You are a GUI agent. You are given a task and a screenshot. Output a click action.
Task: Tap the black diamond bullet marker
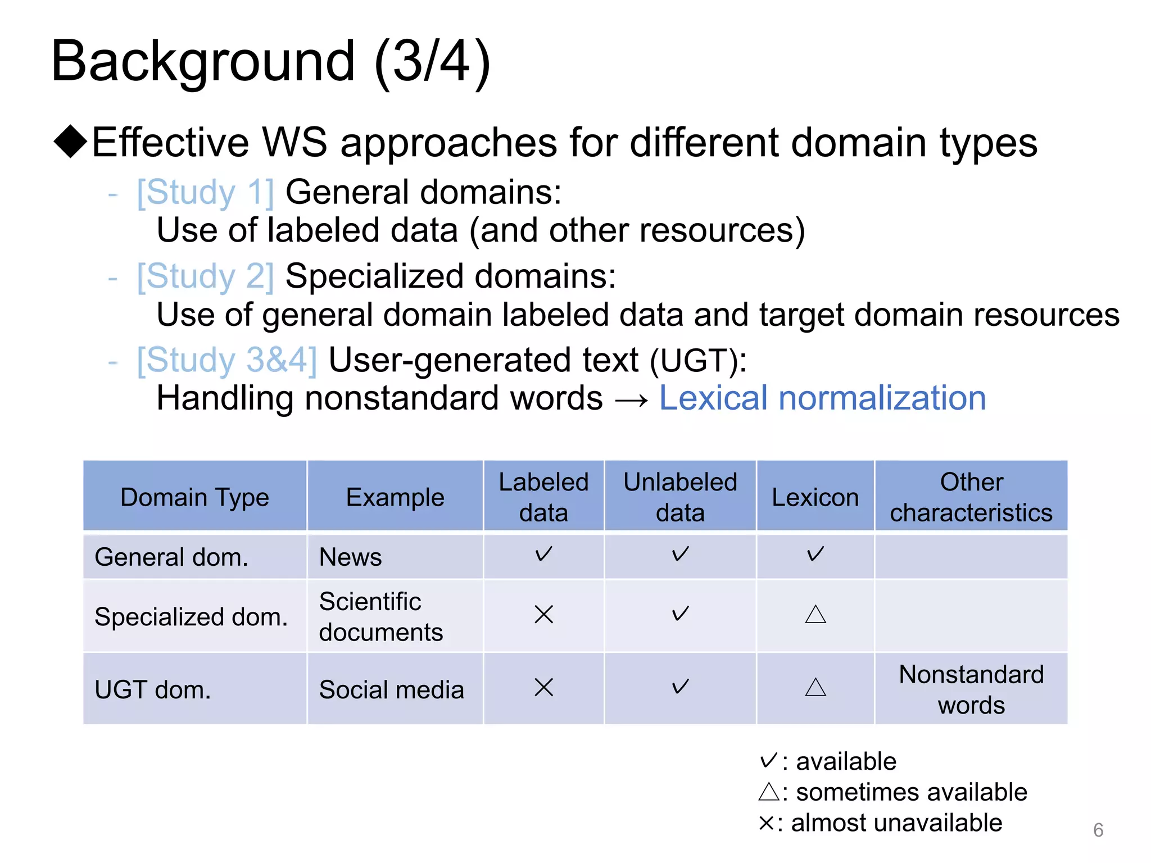click(70, 141)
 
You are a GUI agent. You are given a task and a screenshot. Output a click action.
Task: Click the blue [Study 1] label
click(206, 193)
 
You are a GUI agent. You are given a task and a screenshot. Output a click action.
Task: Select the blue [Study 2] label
click(206, 276)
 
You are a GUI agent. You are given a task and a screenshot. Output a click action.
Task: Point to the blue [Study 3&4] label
click(227, 360)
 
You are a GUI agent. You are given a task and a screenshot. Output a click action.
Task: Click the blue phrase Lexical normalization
click(822, 398)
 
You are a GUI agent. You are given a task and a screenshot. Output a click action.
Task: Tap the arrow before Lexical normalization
click(631, 400)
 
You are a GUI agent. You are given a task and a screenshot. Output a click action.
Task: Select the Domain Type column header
click(194, 497)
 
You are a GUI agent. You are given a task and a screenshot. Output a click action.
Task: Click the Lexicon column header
click(815, 497)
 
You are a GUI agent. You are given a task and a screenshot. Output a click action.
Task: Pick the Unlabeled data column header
click(680, 497)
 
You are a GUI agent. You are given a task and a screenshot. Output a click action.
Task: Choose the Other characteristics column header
click(971, 497)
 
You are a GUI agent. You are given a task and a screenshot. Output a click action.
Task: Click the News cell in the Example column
click(350, 557)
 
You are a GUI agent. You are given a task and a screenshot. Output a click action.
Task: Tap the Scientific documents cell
click(381, 616)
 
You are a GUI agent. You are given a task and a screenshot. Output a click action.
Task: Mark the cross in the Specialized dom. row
click(543, 614)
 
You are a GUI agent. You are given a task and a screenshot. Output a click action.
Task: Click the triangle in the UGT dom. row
click(815, 687)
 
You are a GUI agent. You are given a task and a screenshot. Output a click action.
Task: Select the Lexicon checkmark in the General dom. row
click(815, 555)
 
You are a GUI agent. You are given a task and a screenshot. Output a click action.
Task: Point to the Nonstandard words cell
click(971, 689)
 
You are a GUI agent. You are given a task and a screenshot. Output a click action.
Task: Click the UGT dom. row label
click(153, 690)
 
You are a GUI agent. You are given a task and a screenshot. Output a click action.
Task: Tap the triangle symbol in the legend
click(768, 792)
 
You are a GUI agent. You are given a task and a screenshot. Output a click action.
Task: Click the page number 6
click(1098, 830)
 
